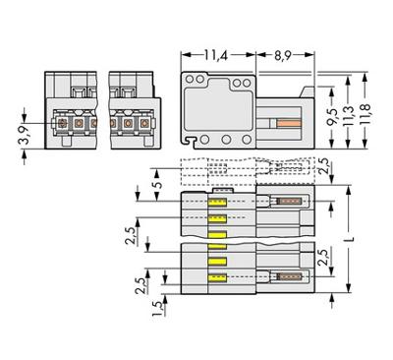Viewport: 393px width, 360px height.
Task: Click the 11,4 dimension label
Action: pos(216,55)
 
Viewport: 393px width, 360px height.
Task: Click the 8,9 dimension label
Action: pos(283,55)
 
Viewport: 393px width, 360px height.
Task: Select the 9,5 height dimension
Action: pos(332,117)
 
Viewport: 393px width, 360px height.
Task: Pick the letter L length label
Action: pos(351,239)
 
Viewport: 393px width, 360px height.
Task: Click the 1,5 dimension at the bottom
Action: pos(158,309)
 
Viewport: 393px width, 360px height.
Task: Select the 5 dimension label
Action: pos(158,185)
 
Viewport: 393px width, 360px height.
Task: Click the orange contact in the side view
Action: pos(289,123)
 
